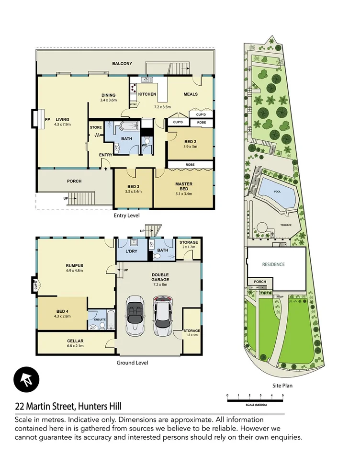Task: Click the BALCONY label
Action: [x=122, y=63]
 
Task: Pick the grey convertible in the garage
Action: [x=134, y=317]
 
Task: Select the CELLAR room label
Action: [x=76, y=341]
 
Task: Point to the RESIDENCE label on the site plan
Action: [x=273, y=264]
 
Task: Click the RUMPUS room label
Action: [x=75, y=266]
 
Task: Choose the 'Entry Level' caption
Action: [x=126, y=216]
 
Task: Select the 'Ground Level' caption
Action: [x=132, y=363]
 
